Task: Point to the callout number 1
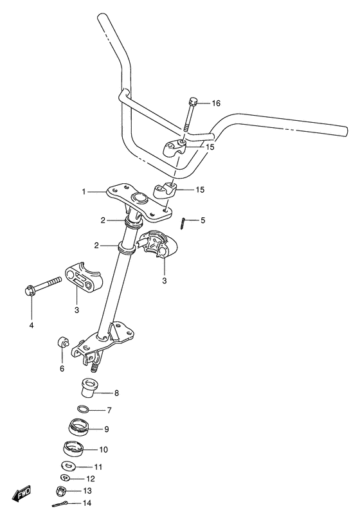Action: point(84,192)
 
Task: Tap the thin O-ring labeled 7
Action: point(83,409)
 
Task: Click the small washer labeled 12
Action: point(67,478)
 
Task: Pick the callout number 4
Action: point(30,325)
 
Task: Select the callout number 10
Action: point(103,449)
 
